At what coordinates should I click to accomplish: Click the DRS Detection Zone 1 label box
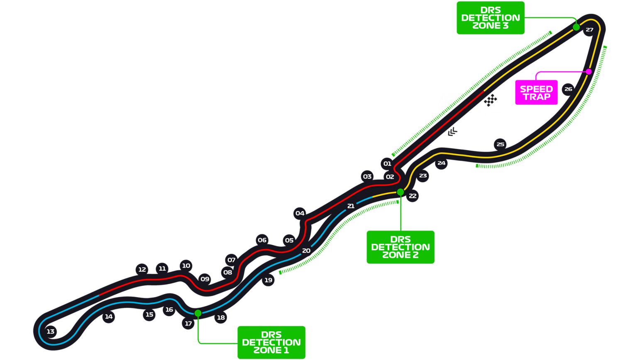271,342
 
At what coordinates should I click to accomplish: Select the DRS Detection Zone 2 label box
401,247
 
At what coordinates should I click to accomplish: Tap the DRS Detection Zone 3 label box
491,18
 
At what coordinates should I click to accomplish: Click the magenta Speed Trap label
536,93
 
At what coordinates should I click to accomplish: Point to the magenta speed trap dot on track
589,71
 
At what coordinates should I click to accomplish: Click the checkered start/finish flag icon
491,100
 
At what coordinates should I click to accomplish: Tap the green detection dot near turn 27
576,27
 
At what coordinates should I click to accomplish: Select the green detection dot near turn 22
401,192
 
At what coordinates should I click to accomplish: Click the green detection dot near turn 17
198,313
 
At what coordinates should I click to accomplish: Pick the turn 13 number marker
51,331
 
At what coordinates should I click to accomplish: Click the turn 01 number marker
387,164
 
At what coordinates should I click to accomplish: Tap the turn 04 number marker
300,213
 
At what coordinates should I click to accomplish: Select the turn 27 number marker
589,30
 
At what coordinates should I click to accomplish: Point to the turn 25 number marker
501,144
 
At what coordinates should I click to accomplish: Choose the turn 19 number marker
269,280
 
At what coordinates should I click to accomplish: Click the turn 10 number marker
186,265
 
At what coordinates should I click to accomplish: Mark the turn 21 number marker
351,206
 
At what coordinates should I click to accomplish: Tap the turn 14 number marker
109,316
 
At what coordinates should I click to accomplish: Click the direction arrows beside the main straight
452,132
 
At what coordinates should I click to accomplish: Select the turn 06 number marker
262,240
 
